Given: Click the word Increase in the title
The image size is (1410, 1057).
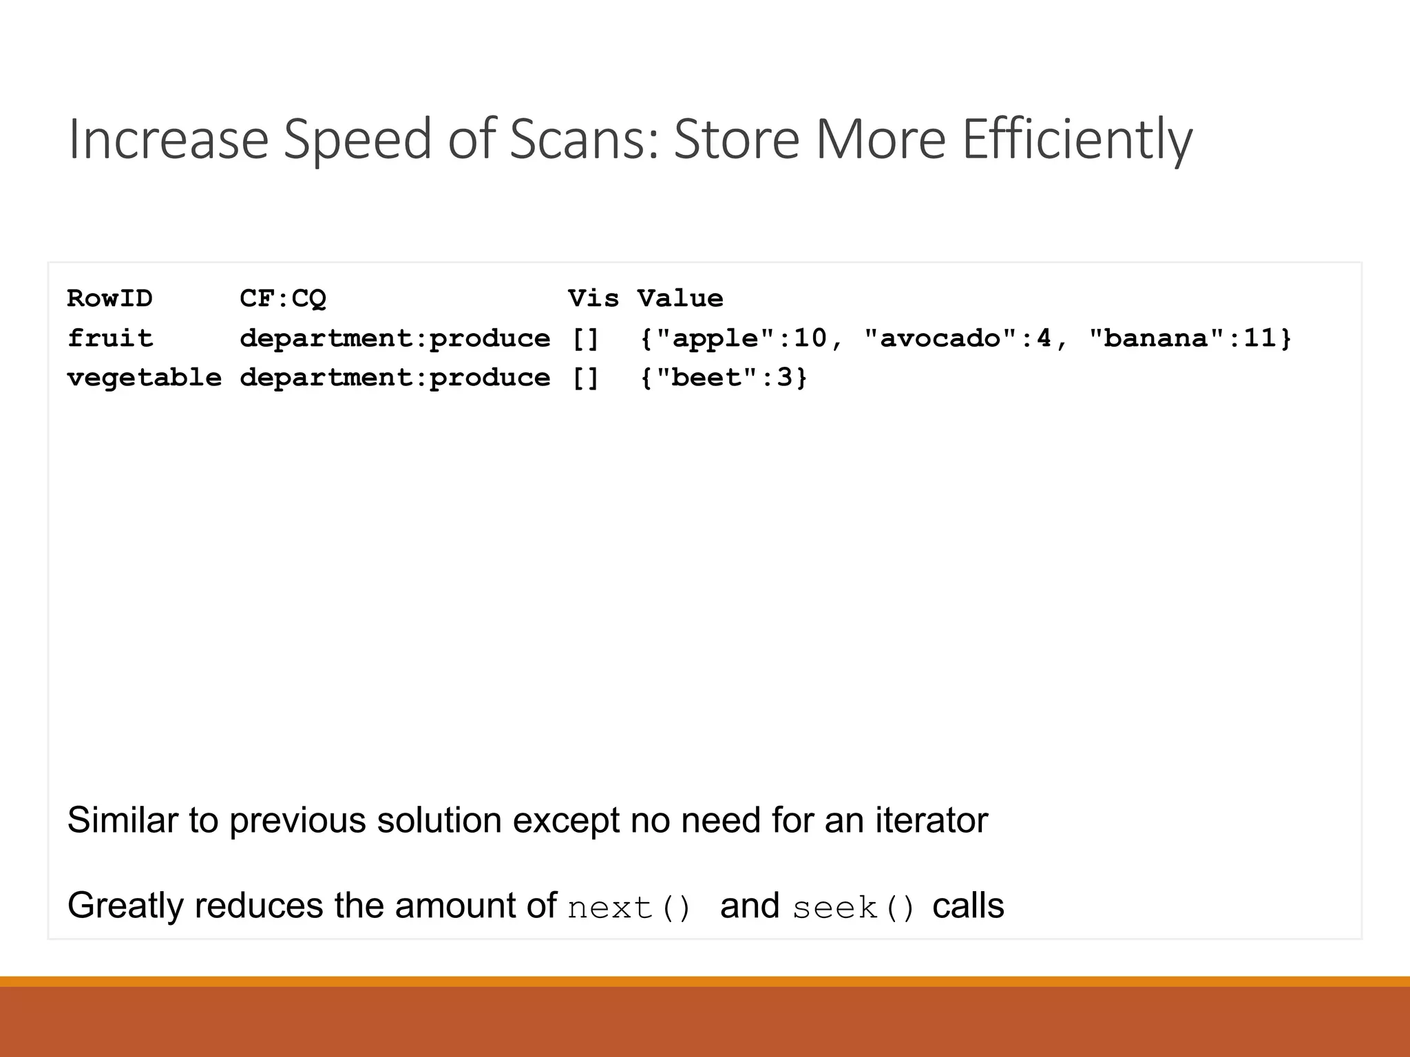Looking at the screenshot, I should tap(168, 140).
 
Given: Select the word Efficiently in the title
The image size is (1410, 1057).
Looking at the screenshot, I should tap(1077, 140).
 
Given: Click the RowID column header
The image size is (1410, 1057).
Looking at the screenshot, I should tap(109, 299).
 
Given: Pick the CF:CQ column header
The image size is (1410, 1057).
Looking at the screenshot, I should tap(282, 299).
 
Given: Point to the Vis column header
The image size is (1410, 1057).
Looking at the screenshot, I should tap(593, 299).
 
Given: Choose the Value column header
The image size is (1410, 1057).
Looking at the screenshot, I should tap(680, 299).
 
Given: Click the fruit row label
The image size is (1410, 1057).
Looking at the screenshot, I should tap(110, 339).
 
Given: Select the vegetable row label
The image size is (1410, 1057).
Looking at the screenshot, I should tap(145, 378).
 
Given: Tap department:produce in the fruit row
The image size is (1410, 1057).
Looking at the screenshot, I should tap(394, 339).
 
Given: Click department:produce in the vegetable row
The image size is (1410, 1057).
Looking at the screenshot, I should tap(394, 378).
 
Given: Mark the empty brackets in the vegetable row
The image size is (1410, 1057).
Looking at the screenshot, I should tap(585, 378).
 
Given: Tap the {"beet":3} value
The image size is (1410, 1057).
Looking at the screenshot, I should tap(723, 378).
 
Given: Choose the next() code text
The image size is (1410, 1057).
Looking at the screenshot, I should tap(629, 908).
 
